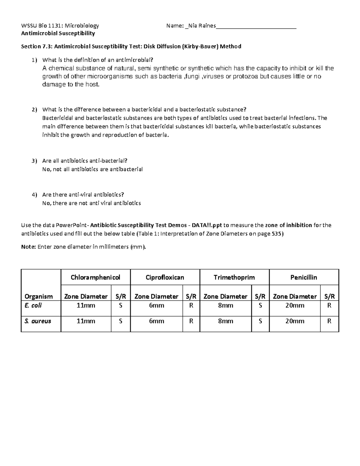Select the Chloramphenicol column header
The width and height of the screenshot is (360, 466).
[95, 277]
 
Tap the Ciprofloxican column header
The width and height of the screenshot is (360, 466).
[165, 277]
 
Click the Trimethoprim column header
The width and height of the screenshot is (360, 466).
[234, 277]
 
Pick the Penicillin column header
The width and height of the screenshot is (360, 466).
[304, 277]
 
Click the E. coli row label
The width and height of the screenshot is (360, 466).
[33, 305]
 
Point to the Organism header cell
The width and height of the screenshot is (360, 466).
[39, 296]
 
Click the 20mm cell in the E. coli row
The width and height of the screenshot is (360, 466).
[295, 305]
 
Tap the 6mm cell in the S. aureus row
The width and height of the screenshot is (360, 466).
[156, 321]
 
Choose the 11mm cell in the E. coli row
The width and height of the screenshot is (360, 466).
[86, 305]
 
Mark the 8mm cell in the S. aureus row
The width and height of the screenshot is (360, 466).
[225, 321]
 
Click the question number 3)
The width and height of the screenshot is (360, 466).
[34, 161]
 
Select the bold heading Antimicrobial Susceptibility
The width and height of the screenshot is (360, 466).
[58, 33]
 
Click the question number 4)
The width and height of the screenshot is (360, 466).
[34, 195]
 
